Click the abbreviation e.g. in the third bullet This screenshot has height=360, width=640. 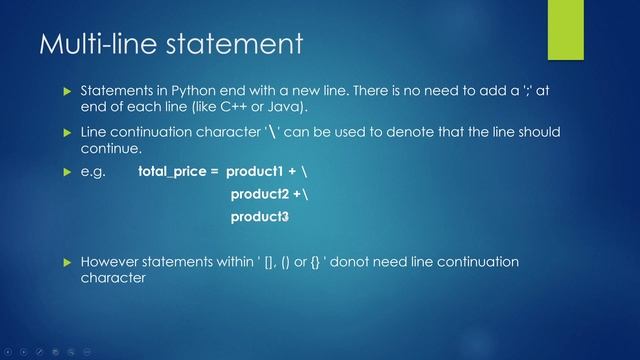[93, 171]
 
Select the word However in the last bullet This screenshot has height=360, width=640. [111, 262]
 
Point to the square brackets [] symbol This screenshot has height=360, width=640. [270, 262]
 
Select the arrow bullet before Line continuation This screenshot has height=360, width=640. [67, 133]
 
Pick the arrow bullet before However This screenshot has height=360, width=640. [67, 263]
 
